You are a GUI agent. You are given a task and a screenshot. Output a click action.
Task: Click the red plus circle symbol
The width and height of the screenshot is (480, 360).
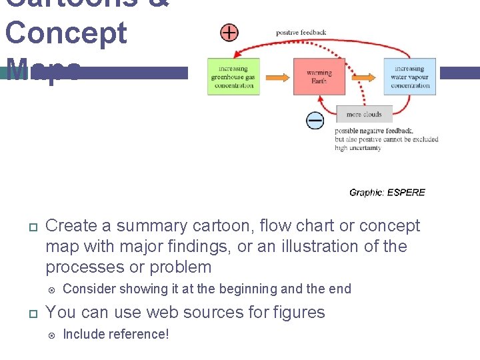[x=229, y=32]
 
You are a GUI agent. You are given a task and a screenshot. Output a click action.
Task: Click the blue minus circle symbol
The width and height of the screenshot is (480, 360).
[x=315, y=120]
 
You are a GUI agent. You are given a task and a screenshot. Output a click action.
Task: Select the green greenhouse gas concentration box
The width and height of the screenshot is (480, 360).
[x=233, y=77]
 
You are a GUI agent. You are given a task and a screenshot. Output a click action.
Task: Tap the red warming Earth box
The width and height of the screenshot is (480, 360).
[x=319, y=77]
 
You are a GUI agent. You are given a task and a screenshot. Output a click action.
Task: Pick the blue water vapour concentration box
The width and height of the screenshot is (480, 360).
[x=409, y=77]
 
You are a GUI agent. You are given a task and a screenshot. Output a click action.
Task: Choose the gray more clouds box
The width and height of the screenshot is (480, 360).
[x=364, y=115]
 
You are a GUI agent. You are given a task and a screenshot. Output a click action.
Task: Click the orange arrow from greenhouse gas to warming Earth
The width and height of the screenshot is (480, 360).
[x=276, y=77]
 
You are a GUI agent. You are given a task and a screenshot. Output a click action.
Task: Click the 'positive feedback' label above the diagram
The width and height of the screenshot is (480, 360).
[x=301, y=32]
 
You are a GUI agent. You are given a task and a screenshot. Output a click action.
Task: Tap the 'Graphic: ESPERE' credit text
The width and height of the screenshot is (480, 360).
[x=387, y=192]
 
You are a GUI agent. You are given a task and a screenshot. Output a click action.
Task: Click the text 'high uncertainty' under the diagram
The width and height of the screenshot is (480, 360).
[x=358, y=148]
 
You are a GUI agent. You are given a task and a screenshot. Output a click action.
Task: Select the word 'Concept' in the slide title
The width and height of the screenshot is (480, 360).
[x=65, y=33]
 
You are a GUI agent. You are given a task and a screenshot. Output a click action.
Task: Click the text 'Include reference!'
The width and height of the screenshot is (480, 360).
[x=115, y=334]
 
